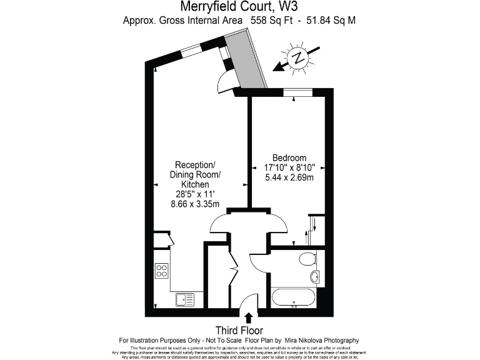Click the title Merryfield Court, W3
pos(239,7)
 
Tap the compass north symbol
pos(301,58)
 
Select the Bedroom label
pos(289,157)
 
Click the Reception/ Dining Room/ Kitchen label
pos(196,174)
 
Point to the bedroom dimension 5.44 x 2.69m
pos(289,177)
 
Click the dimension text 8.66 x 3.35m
pos(196,204)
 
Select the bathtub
pos(294,297)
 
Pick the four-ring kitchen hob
pos(162,271)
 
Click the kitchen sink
pos(185,299)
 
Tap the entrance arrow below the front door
pos(249,318)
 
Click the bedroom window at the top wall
pos(297,92)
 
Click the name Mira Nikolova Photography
pos(328,339)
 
